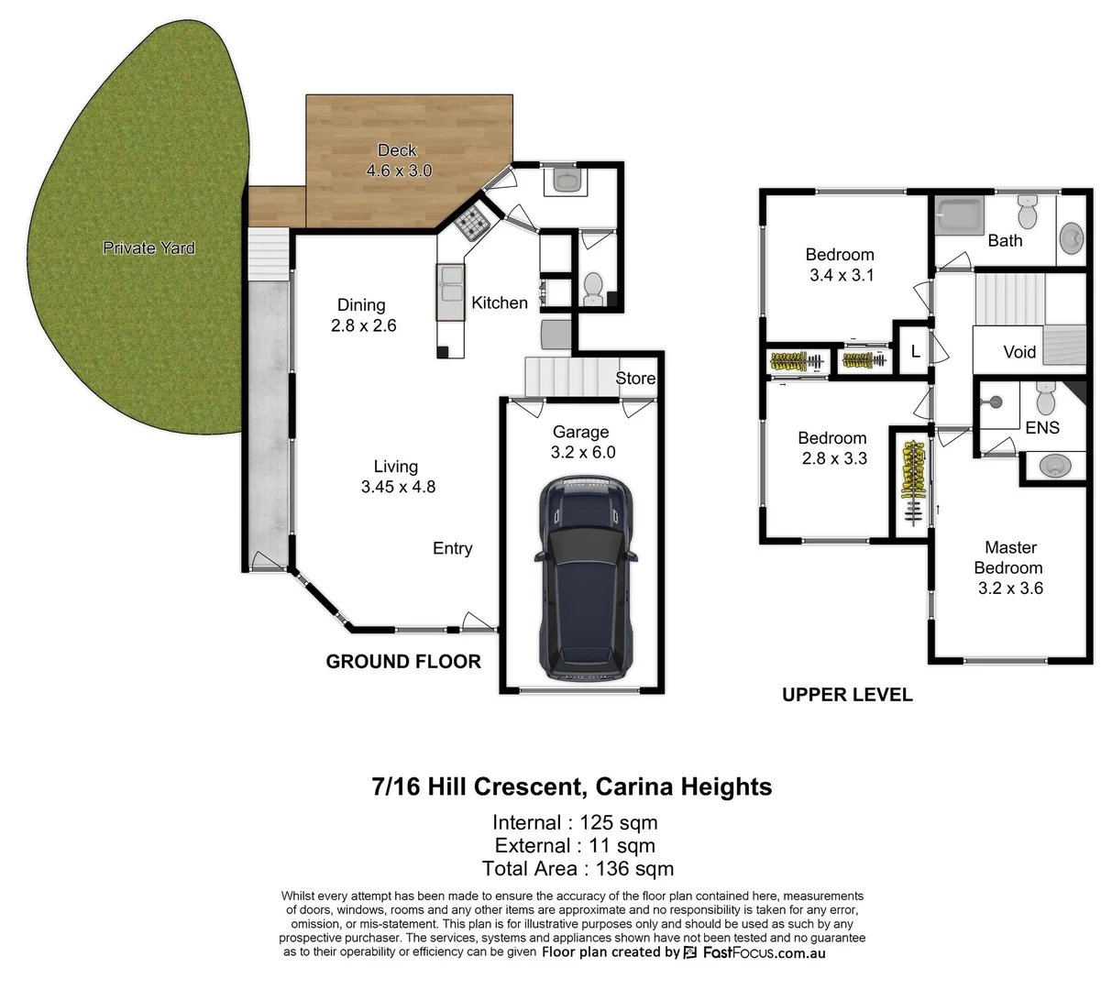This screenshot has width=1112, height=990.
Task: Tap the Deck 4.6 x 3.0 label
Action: [398, 160]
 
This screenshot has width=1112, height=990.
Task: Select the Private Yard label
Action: [149, 247]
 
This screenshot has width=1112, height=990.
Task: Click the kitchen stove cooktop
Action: [473, 222]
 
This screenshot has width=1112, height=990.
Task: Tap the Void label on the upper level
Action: [1018, 352]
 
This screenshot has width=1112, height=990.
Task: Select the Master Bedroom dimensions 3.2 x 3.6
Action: [1010, 588]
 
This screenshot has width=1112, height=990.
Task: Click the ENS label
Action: [1042, 427]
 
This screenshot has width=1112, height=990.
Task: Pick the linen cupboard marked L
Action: [914, 351]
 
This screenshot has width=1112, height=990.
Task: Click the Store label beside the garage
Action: [635, 379]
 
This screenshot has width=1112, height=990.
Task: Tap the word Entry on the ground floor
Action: [453, 548]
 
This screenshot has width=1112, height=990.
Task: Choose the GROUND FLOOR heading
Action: [403, 662]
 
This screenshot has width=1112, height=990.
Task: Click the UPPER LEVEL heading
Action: [846, 695]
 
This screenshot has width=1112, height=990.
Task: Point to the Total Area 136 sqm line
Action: [578, 869]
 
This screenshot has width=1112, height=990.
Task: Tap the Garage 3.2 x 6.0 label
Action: [582, 442]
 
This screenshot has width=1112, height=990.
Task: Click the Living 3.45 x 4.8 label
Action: [397, 477]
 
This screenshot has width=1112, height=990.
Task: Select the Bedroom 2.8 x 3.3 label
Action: [831, 448]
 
